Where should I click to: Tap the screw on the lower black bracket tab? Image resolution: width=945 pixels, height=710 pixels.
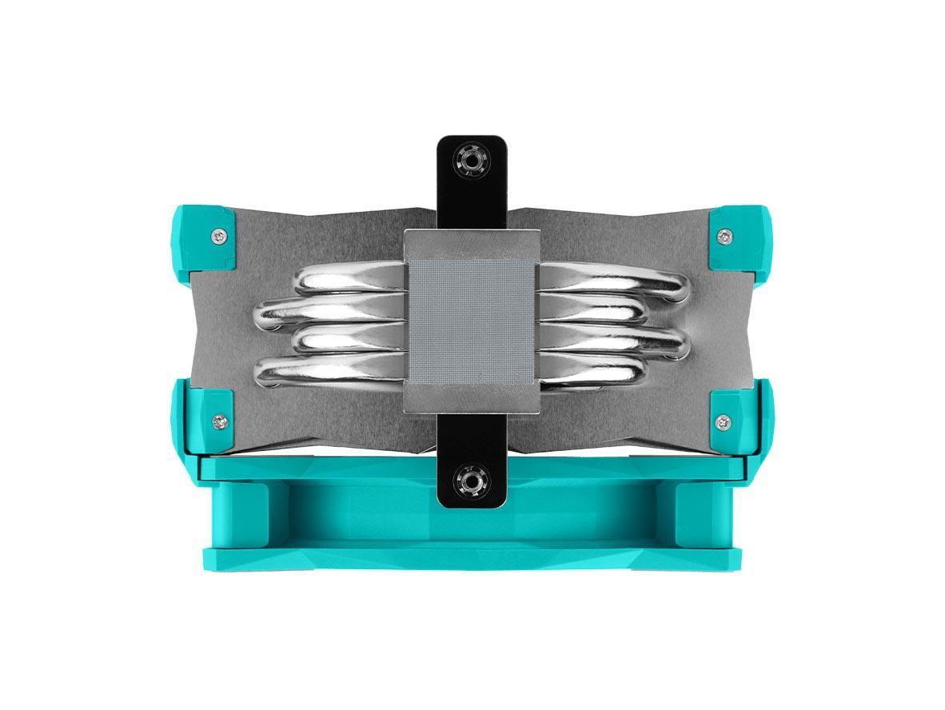(472, 482)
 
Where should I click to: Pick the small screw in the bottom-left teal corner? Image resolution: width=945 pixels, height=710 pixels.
(219, 421)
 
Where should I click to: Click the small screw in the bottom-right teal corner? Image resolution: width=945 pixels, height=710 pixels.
(724, 421)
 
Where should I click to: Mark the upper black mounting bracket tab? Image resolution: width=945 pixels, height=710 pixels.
(472, 180)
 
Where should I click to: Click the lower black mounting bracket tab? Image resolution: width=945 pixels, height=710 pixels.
(472, 472)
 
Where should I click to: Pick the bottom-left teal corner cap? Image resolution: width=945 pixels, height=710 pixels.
(204, 416)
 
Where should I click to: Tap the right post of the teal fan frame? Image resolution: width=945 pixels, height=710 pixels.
(704, 512)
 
